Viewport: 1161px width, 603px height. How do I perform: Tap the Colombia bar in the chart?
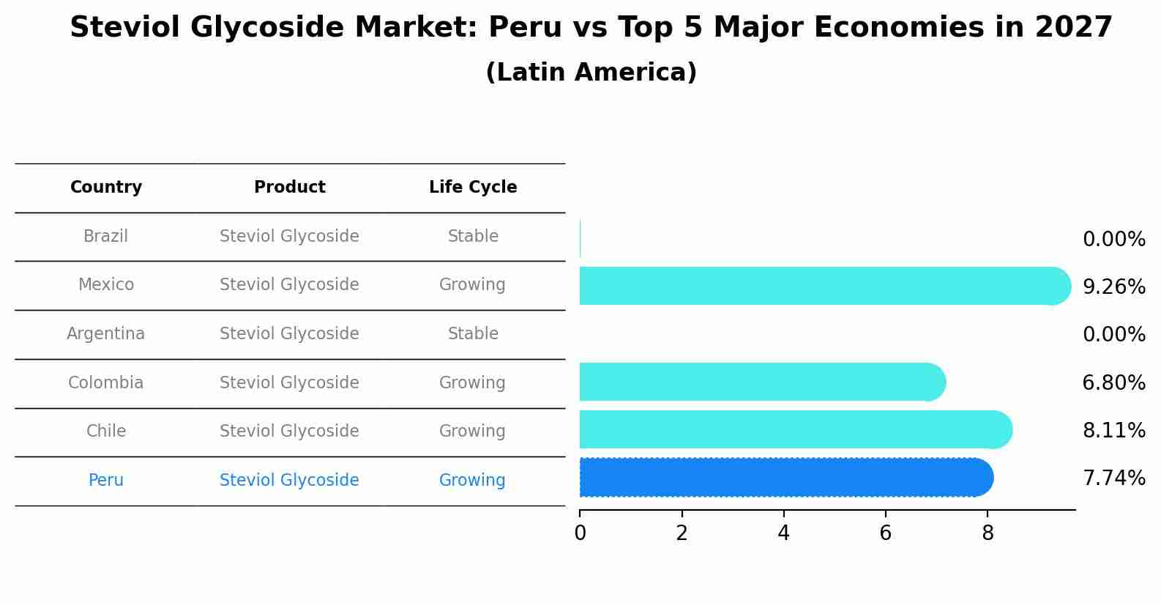point(761,382)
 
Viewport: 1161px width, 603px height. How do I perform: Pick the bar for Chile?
point(795,429)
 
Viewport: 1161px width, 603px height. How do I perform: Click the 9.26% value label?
point(1113,286)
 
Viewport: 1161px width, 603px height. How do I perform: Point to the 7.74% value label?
point(1113,478)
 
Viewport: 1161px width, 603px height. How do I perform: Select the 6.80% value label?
point(1113,382)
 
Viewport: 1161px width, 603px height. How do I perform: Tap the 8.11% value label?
point(1113,430)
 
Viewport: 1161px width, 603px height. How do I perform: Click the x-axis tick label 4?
point(784,533)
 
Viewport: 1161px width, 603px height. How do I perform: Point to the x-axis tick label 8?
point(988,533)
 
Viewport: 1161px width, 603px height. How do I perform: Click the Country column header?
point(106,188)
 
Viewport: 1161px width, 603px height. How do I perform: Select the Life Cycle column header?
point(473,188)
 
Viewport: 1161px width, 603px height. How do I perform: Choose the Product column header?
point(290,188)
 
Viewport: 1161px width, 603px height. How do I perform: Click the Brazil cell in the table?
point(105,237)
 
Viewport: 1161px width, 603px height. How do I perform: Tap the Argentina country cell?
point(105,334)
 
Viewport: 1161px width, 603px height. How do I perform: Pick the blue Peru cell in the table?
point(105,481)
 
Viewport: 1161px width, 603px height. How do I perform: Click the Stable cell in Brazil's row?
point(473,237)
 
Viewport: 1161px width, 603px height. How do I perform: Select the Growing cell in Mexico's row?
point(472,285)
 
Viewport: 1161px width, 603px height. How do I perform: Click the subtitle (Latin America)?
point(591,73)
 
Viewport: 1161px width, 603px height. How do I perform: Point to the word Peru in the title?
point(516,28)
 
